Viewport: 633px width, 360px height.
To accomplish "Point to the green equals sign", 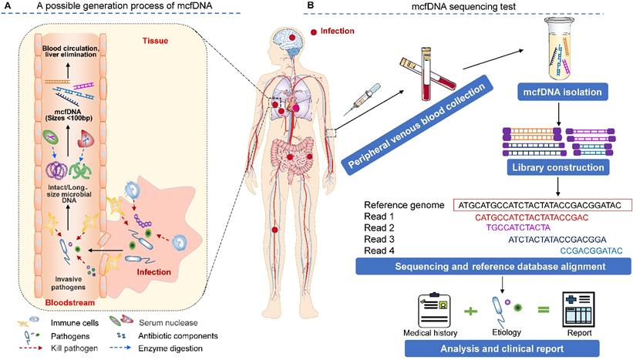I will coord(543,312).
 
